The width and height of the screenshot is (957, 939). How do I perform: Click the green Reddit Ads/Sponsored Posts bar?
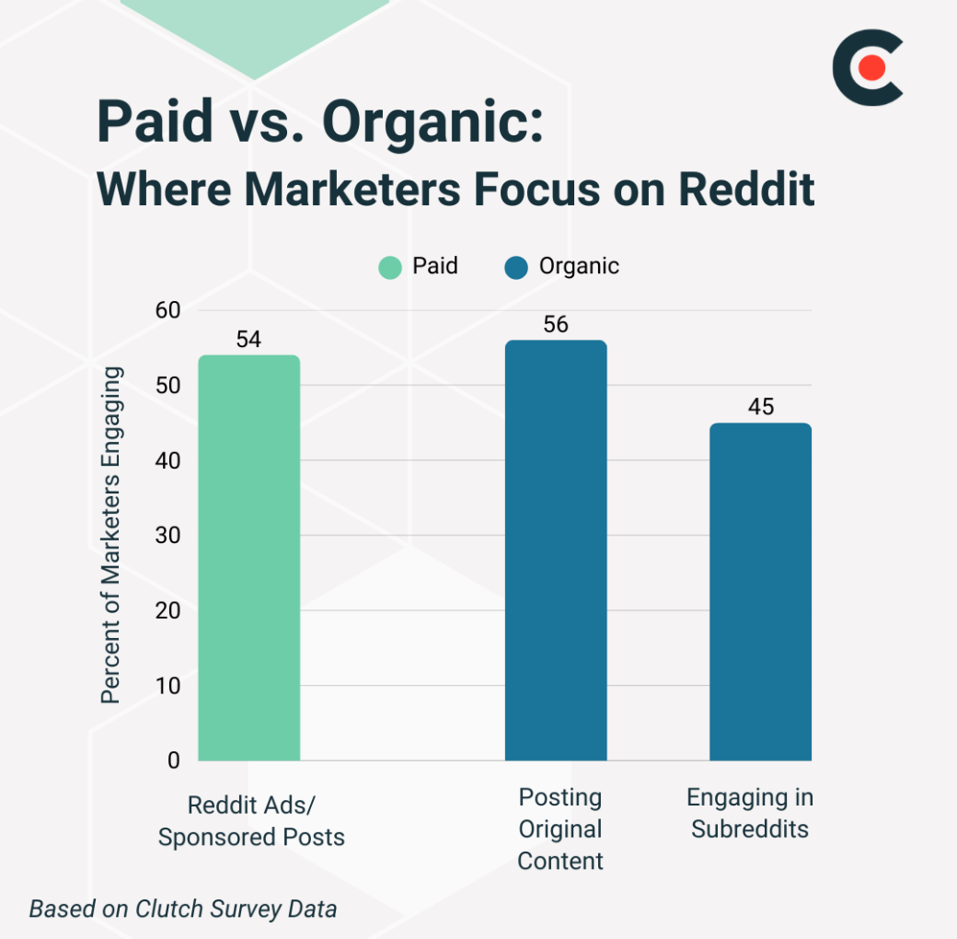coord(248,558)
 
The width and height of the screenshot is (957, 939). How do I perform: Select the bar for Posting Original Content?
coord(556,551)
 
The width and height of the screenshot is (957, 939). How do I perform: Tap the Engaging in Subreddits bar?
coord(760,592)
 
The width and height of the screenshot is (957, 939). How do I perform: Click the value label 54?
coord(248,340)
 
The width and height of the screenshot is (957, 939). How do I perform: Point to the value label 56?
coord(556,325)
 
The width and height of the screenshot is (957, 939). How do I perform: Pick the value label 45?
coord(761,407)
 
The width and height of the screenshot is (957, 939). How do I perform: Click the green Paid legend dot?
coord(390,268)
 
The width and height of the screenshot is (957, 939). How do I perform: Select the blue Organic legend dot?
coord(516,268)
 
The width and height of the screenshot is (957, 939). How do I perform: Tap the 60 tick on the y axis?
coord(168,310)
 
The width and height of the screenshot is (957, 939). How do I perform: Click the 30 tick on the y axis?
coord(168,536)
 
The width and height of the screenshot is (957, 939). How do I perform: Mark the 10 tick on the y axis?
coord(168,686)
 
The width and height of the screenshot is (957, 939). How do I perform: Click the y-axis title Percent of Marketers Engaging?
coord(111,536)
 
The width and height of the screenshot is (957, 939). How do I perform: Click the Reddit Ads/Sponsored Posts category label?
coord(251,820)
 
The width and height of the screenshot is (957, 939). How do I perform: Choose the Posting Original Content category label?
coord(560,829)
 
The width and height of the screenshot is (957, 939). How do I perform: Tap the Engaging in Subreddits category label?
coord(750,813)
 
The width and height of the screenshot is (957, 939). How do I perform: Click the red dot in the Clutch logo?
coord(871,67)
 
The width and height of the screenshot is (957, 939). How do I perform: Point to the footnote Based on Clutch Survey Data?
coord(183,910)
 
